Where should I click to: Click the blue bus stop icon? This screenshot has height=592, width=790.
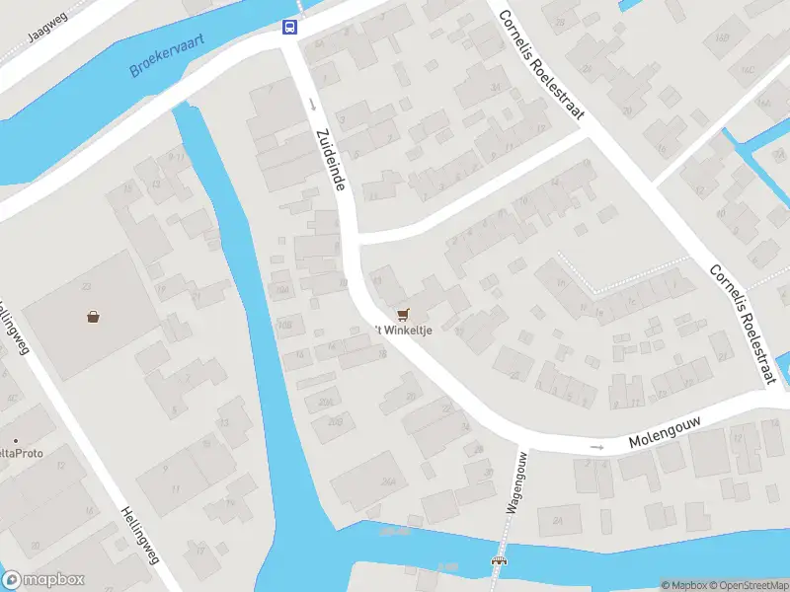click(290, 27)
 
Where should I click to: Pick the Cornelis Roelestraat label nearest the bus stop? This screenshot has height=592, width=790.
click(538, 66)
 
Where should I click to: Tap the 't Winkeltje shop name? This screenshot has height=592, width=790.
click(403, 330)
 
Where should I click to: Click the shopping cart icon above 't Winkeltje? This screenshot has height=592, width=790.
click(402, 314)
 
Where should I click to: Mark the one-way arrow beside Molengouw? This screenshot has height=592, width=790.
click(596, 448)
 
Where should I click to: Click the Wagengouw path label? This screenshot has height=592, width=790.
click(514, 483)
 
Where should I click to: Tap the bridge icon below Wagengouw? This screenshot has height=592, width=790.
click(500, 561)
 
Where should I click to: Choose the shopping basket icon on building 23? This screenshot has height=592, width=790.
click(93, 317)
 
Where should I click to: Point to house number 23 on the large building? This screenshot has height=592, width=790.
click(88, 287)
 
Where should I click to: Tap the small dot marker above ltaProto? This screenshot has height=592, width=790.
click(15, 440)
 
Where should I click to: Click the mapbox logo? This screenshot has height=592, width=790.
click(43, 580)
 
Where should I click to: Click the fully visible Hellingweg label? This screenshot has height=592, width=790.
click(139, 535)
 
